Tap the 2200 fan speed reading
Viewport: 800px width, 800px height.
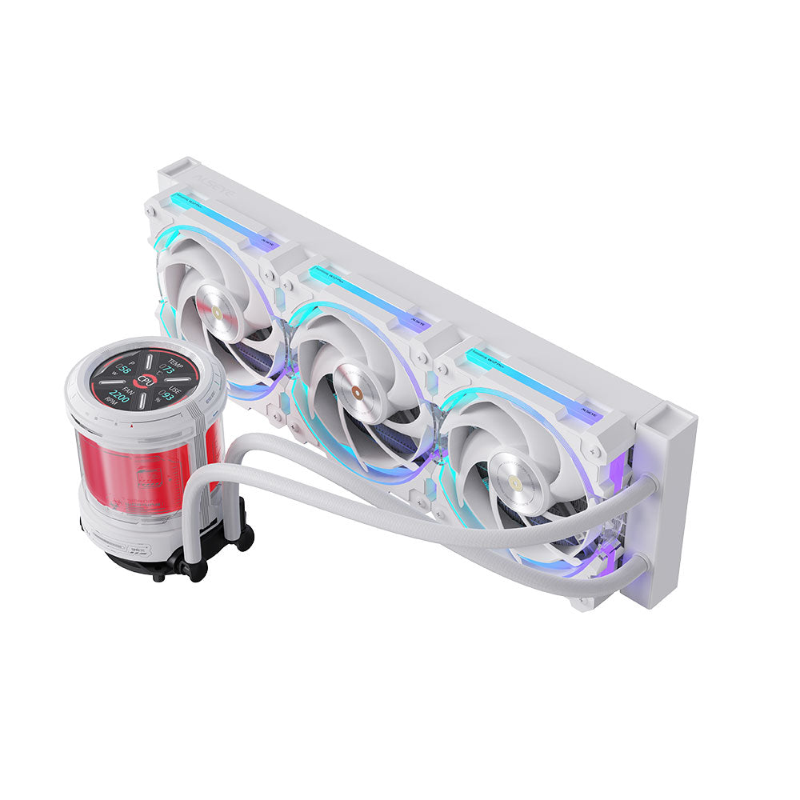click(120, 394)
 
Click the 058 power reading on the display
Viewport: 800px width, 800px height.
click(123, 370)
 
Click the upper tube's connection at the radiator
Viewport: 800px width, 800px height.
click(645, 485)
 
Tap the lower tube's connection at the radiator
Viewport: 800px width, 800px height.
click(640, 565)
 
